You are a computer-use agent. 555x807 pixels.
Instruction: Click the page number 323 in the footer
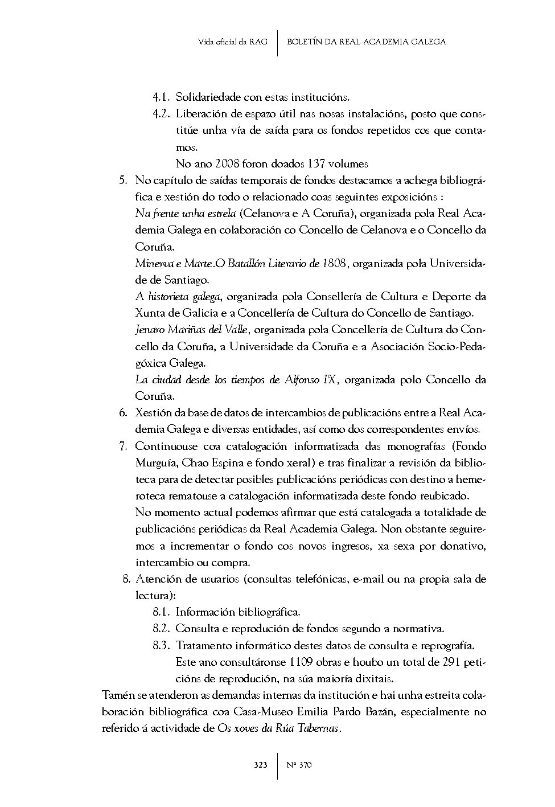click(260, 765)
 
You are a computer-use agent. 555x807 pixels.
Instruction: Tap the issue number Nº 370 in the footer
click(299, 765)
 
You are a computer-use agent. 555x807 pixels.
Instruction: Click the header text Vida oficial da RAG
click(232, 42)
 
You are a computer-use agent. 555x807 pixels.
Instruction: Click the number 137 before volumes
click(316, 164)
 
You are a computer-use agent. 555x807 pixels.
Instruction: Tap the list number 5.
click(122, 181)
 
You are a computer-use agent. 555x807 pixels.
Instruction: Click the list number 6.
click(122, 412)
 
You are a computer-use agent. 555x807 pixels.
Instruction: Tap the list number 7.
click(122, 446)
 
